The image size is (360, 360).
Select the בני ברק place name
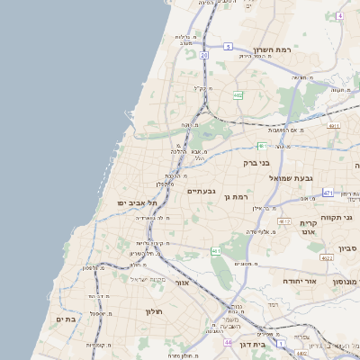coord(256,163)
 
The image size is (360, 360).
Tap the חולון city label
coord(152,311)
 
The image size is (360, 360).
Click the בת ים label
coord(64,318)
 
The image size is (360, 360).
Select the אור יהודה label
coord(301,281)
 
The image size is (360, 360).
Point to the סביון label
coord(348,247)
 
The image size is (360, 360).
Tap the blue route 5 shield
coord(228,46)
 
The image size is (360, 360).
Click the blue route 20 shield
coord(204,56)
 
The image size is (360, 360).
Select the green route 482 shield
coord(238,94)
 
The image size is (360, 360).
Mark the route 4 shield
coord(340,16)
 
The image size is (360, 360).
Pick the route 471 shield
coord(328,193)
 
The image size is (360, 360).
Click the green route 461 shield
coord(216,250)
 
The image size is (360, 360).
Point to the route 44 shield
coord(229,343)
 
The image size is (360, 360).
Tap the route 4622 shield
coord(326,258)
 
